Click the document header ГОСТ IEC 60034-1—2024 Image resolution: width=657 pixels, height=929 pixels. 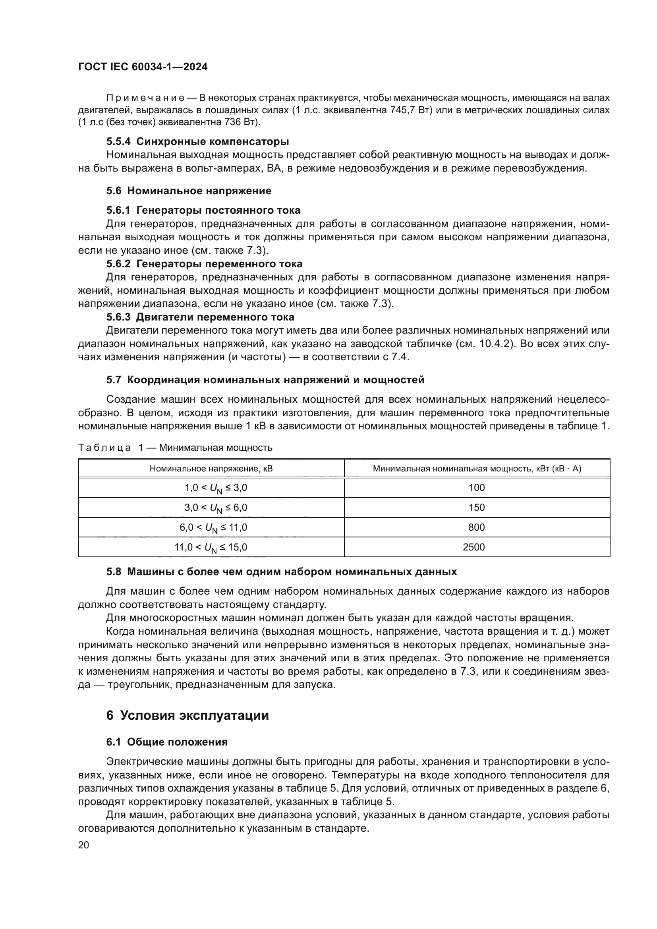[143, 67]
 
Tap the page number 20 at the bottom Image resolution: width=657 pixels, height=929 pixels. [83, 845]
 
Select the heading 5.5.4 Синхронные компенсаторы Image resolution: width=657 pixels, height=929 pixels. [197, 142]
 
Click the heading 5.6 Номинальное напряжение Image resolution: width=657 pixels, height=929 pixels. [189, 191]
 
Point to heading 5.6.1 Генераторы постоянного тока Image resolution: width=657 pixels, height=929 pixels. [203, 210]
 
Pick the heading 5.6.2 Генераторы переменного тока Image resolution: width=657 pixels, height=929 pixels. [204, 264]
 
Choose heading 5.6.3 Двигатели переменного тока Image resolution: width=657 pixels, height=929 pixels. [200, 317]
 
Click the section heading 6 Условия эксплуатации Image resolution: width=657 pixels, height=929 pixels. [187, 715]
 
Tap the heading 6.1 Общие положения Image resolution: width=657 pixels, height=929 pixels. [167, 742]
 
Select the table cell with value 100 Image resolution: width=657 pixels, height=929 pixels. [477, 488]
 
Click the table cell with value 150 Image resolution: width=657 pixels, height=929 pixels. [477, 507]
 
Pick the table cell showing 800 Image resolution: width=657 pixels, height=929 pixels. [477, 527]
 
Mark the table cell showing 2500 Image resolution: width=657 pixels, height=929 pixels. [474, 547]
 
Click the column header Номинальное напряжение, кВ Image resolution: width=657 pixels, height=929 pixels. [211, 469]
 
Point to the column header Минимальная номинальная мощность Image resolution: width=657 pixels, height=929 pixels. [477, 469]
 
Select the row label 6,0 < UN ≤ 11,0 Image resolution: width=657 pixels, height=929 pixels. [213, 527]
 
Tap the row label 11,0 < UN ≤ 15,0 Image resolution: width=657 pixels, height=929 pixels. [211, 547]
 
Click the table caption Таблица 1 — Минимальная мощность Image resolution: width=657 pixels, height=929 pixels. [175, 448]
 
